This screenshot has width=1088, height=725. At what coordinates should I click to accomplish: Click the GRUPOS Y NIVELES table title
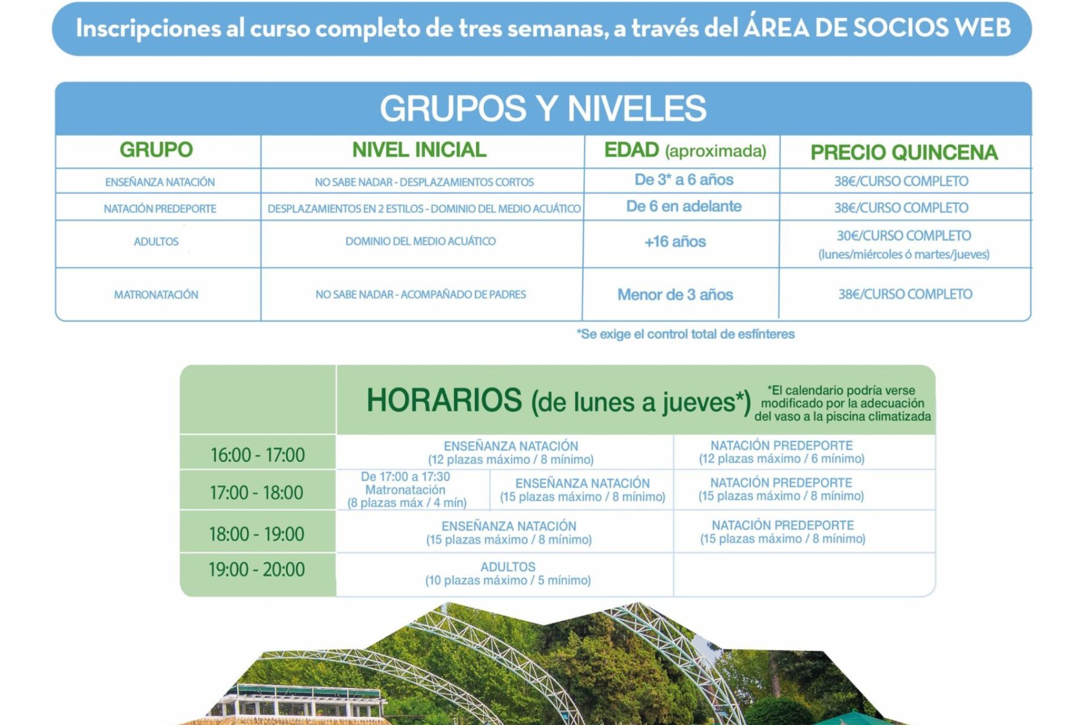pyautogui.click(x=543, y=108)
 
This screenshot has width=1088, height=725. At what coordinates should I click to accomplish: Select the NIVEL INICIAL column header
pyautogui.click(x=419, y=150)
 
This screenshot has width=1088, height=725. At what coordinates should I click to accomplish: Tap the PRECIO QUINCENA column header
pyautogui.click(x=904, y=152)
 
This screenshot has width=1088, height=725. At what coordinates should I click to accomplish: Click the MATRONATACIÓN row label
pyautogui.click(x=156, y=295)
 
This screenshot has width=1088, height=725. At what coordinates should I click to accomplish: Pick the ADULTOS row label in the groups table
pyautogui.click(x=156, y=241)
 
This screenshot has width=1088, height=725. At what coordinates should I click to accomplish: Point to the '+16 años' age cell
pyautogui.click(x=675, y=242)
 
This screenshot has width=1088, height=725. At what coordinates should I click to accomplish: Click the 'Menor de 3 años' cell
pyautogui.click(x=675, y=295)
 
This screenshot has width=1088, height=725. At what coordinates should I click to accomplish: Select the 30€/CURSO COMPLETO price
pyautogui.click(x=904, y=236)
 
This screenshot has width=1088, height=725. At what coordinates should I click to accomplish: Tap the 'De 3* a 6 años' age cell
pyautogui.click(x=684, y=180)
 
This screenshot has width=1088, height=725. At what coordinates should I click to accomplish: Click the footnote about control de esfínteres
pyautogui.click(x=686, y=334)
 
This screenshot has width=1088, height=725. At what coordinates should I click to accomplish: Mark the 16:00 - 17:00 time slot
pyautogui.click(x=257, y=455)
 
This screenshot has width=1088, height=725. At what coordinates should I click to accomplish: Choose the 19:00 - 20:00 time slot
pyautogui.click(x=256, y=569)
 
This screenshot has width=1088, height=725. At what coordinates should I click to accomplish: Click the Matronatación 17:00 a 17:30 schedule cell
pyautogui.click(x=406, y=490)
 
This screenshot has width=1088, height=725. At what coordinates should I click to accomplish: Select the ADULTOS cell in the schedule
pyautogui.click(x=508, y=573)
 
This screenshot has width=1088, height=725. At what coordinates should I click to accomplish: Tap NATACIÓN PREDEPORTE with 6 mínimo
pyautogui.click(x=781, y=452)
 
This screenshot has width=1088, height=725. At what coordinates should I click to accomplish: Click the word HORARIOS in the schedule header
pyautogui.click(x=444, y=400)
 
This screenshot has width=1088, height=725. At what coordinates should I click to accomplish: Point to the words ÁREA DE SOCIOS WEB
pyautogui.click(x=877, y=27)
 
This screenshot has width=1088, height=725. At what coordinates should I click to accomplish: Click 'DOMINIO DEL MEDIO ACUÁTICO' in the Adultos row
pyautogui.click(x=420, y=241)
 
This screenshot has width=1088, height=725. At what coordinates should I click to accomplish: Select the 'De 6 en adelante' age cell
pyautogui.click(x=684, y=206)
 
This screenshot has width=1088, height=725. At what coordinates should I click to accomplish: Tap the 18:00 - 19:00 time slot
pyautogui.click(x=256, y=534)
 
